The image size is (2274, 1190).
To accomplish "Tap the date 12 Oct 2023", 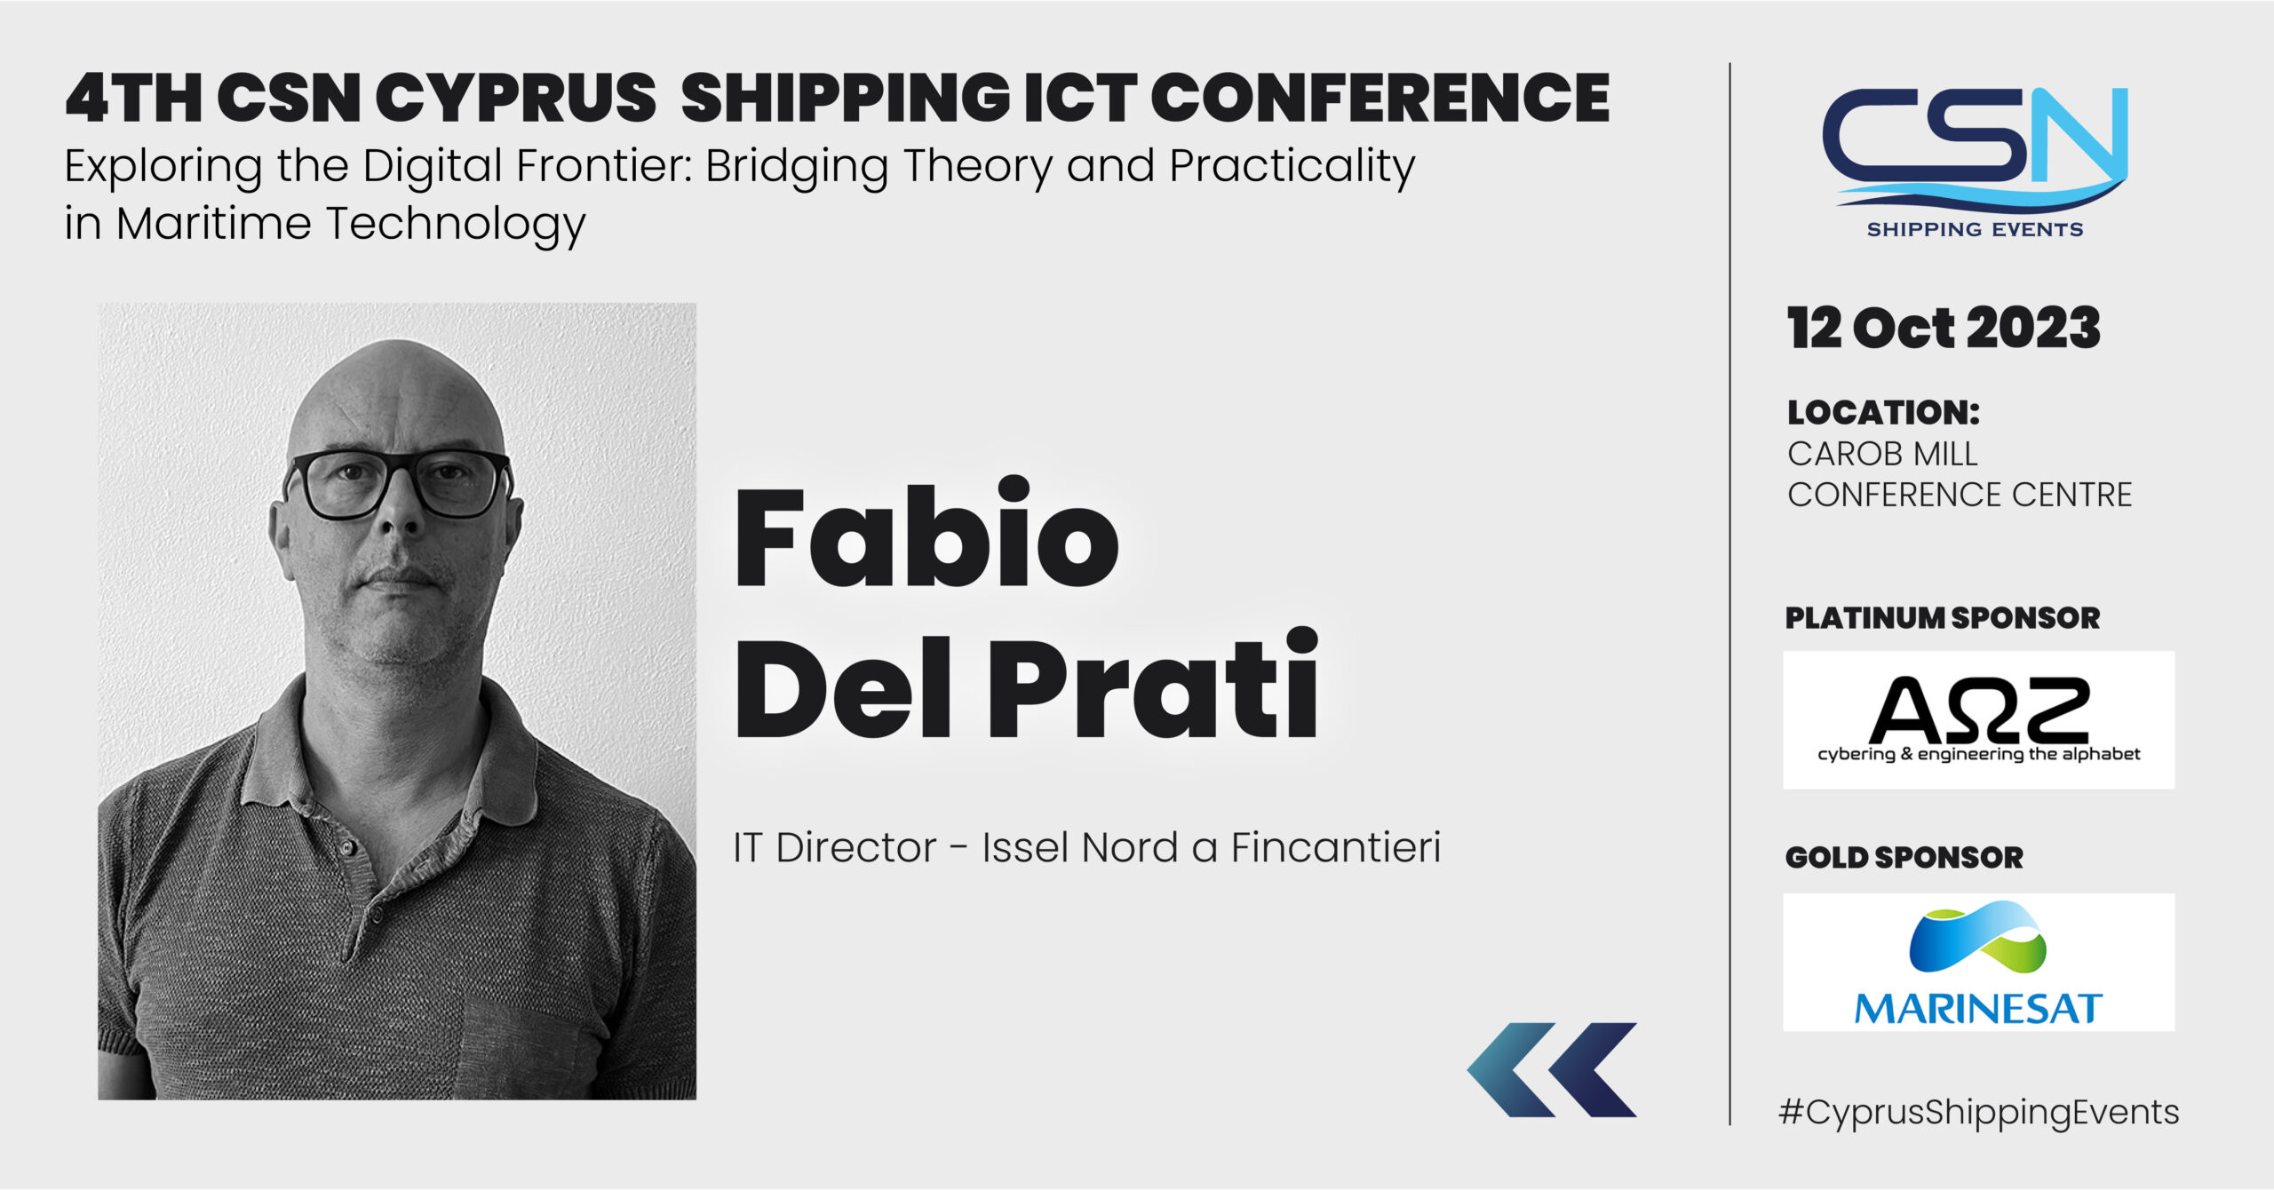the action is [1944, 328].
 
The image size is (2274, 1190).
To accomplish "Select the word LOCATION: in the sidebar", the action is [1884, 412].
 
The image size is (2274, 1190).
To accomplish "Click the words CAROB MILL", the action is [1882, 454].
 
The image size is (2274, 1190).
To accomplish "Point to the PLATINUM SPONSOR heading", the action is [1943, 618].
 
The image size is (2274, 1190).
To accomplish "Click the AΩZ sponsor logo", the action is [1979, 719].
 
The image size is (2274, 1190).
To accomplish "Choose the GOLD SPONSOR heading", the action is [1904, 857].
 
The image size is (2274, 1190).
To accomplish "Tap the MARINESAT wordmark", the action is [1978, 1008].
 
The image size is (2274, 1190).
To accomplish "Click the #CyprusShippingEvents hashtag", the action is [1978, 1113].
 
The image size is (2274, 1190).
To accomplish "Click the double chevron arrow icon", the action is [1552, 1069].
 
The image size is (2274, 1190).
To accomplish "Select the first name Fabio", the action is [926, 534].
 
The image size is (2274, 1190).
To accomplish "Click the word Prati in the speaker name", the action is [1154, 683].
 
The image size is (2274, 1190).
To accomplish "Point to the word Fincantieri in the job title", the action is [1335, 847].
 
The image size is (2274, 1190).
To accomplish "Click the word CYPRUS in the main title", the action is [517, 98].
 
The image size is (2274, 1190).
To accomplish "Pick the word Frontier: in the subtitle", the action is [605, 166].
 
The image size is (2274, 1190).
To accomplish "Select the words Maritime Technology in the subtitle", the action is [351, 224].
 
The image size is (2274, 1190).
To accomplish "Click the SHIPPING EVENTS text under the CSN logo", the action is [1975, 230].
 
